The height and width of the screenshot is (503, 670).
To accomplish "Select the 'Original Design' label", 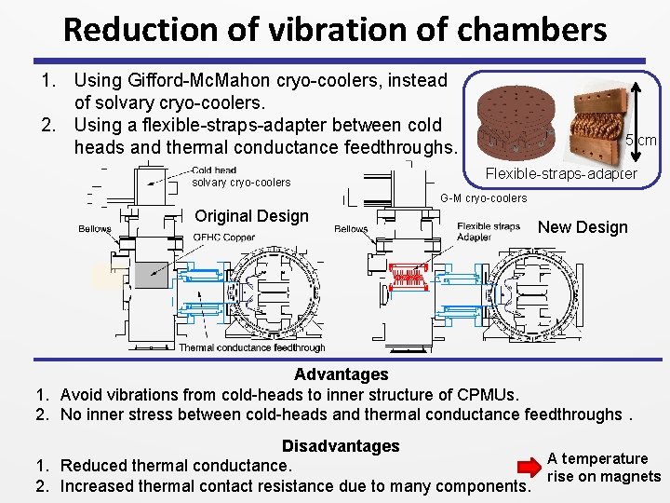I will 251,216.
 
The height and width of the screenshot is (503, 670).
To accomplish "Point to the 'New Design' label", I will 583,227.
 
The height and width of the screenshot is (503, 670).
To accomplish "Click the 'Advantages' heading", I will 342,374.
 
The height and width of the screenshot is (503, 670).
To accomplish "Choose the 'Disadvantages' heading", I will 341,446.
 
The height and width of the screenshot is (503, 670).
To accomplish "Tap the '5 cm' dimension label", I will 642,141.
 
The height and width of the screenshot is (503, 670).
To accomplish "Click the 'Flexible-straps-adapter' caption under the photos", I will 561,174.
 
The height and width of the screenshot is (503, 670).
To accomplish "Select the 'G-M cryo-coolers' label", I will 484,198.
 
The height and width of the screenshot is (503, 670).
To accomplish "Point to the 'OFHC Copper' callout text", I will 223,238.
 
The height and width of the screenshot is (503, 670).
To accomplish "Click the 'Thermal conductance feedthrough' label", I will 252,347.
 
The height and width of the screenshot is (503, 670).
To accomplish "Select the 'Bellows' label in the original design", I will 95,229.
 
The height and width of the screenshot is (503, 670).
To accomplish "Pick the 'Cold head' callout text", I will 214,170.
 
